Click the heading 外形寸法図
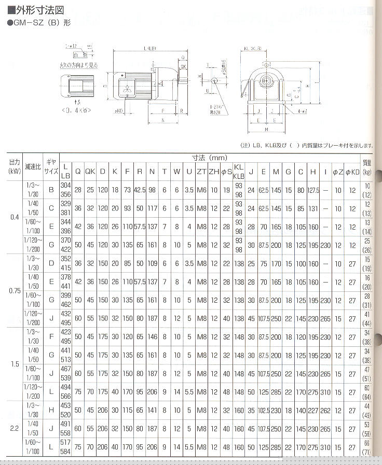coord(33,9)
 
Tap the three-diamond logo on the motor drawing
coord(127,88)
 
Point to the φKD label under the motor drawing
coord(119,110)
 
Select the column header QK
coord(90,171)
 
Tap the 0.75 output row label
coord(15,291)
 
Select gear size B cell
coord(51,190)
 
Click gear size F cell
coord(51,337)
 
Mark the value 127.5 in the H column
coord(313,190)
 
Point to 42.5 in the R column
coord(140,190)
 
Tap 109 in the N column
coord(152,263)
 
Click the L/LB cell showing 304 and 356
coord(65,190)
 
